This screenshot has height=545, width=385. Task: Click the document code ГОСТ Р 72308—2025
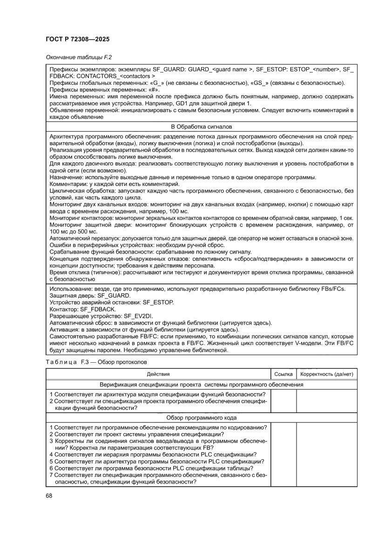[x=78, y=40]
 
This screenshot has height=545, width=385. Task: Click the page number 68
[x=49, y=495]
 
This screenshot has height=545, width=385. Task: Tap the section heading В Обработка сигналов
[x=202, y=127]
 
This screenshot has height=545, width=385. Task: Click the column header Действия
[x=158, y=374]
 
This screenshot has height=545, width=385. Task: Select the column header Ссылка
[x=283, y=374]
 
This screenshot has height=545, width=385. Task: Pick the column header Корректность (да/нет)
[x=327, y=374]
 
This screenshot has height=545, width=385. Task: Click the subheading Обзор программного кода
[x=202, y=418]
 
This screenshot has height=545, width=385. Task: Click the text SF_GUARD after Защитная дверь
[x=115, y=296]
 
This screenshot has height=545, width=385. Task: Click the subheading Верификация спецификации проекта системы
[x=202, y=385]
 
